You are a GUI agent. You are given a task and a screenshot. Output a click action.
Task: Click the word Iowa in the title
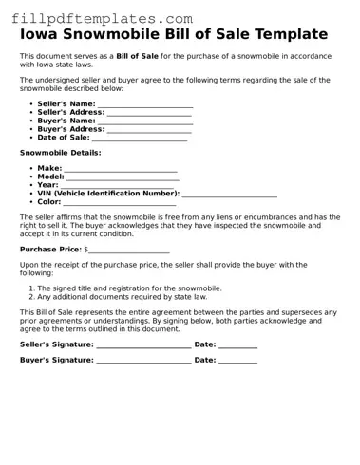43,35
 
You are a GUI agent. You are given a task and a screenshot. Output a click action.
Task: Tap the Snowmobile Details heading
60,152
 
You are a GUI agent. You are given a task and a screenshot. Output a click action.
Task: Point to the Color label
49,202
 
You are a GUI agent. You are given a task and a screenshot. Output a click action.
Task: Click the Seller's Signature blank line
143,345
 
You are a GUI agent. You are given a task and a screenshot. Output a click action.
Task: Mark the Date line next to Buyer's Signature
238,362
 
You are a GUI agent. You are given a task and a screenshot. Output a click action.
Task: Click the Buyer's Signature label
56,361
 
